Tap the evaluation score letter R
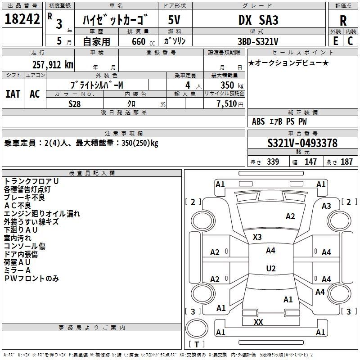tap(343, 20)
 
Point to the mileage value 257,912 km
tap(52, 64)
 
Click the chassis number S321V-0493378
tap(302, 143)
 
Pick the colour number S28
tap(75, 103)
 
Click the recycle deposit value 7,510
tap(226, 104)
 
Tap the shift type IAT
tap(13, 94)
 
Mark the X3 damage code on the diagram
tap(257, 237)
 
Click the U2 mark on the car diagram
tap(270, 268)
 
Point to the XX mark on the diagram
tap(258, 322)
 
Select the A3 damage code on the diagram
tap(326, 206)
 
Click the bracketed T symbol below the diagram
tap(197, 344)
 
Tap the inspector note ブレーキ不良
tap(24, 198)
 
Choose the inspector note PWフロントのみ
tap(31, 279)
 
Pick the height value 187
tap(346, 162)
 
